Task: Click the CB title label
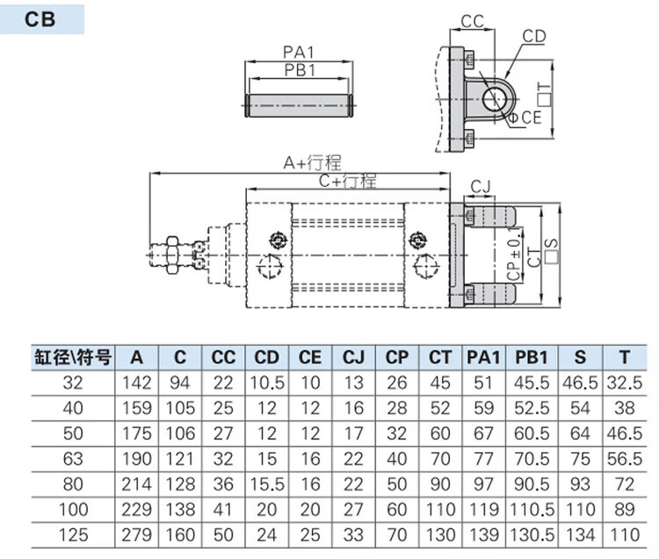point(40,19)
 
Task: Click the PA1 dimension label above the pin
point(300,52)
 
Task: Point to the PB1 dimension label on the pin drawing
point(300,70)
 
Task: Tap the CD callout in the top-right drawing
point(534,36)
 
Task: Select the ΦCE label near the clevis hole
point(525,117)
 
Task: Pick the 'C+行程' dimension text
point(347,181)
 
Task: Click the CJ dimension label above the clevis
point(481,186)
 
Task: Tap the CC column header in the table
point(224,358)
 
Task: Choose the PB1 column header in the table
point(532,358)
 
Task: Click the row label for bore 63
point(74,458)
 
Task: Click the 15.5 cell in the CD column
point(267,484)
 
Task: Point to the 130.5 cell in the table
point(532,534)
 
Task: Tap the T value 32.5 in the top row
point(624,383)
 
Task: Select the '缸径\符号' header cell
point(74,358)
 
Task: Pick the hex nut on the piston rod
point(175,253)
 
